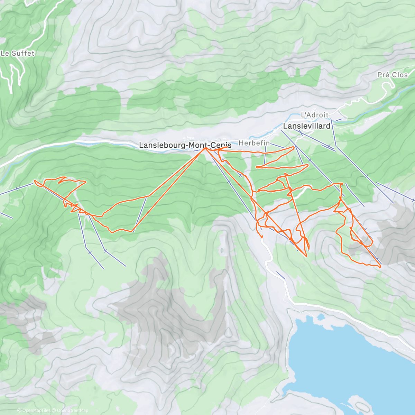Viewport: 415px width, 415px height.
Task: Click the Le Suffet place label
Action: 18,53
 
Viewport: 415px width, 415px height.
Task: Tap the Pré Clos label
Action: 393,75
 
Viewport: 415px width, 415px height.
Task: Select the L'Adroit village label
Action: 314,115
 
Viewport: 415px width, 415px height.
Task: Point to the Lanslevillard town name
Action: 306,126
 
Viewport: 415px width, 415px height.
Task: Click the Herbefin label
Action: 254,143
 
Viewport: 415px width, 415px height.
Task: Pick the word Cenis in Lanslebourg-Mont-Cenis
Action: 221,146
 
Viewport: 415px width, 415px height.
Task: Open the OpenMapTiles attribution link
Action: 36,411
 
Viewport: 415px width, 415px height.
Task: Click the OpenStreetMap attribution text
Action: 72,411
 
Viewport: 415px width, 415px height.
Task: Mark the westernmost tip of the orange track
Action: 35,181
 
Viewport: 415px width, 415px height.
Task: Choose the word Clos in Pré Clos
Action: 400,75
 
